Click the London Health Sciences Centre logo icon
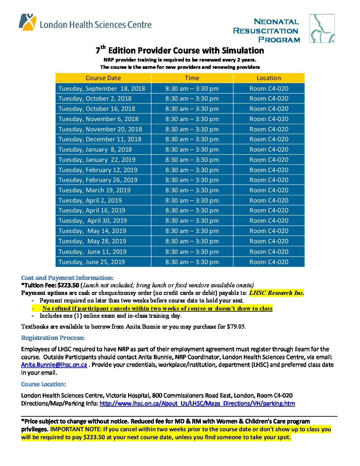[27, 22]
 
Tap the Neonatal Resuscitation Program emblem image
[322, 28]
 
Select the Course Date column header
[103, 78]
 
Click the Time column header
[192, 78]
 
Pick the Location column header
[269, 78]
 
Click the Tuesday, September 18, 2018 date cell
[102, 89]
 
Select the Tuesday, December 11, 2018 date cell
[100, 139]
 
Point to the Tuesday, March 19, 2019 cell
[95, 190]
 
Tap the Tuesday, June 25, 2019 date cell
[92, 262]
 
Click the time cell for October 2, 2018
[192, 99]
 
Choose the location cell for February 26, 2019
[269, 180]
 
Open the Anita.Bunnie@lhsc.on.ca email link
[54, 365]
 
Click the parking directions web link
[197, 403]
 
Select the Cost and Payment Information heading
[67, 278]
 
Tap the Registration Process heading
[53, 338]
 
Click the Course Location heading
[44, 384]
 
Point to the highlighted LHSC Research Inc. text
[276, 293]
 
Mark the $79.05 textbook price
[236, 327]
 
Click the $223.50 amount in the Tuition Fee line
[68, 285]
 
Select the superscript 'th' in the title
[103, 47]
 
